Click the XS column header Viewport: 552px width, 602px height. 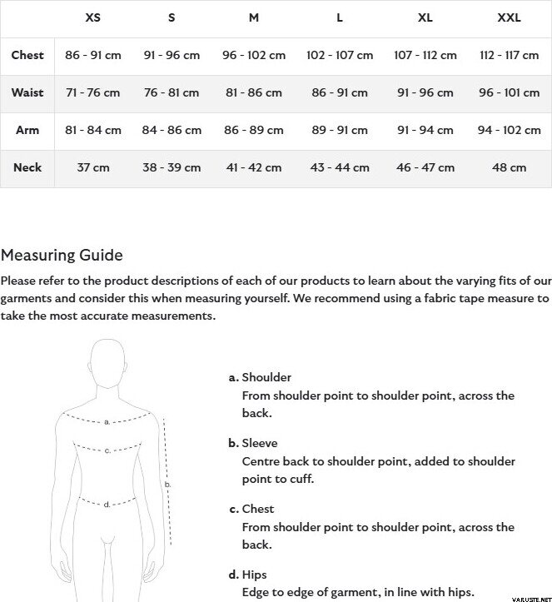tap(93, 17)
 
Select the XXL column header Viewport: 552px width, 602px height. tap(509, 17)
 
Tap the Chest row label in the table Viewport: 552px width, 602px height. tap(27, 55)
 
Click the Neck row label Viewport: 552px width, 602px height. tap(27, 167)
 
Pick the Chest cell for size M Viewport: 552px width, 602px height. tap(254, 55)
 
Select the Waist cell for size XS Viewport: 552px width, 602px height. tap(93, 92)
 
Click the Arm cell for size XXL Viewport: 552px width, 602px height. tap(509, 130)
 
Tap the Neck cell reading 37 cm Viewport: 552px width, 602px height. tap(93, 167)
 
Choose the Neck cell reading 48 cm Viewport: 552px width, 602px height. tap(509, 167)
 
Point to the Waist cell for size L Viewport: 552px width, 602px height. tap(340, 92)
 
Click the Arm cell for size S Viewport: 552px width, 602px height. tap(172, 130)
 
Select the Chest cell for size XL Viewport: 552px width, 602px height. tap(425, 55)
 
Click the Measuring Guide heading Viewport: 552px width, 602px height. tap(62, 256)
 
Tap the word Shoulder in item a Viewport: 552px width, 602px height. tap(266, 377)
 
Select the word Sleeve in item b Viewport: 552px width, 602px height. tap(260, 443)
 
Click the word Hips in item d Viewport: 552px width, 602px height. tap(254, 575)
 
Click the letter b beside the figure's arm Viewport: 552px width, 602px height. tap(167, 484)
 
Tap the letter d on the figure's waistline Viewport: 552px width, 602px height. tap(107, 505)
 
